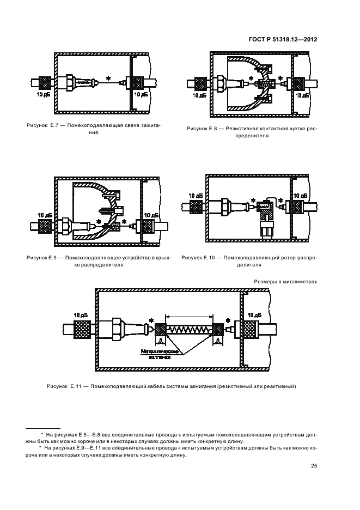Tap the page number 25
[x=314, y=466]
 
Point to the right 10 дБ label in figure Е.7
[x=141, y=95]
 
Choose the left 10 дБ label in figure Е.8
[x=200, y=95]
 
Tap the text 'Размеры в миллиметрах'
[x=285, y=282]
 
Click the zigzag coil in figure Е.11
[x=190, y=330]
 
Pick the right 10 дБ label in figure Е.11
[x=254, y=315]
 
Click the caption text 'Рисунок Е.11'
[x=64, y=386]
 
